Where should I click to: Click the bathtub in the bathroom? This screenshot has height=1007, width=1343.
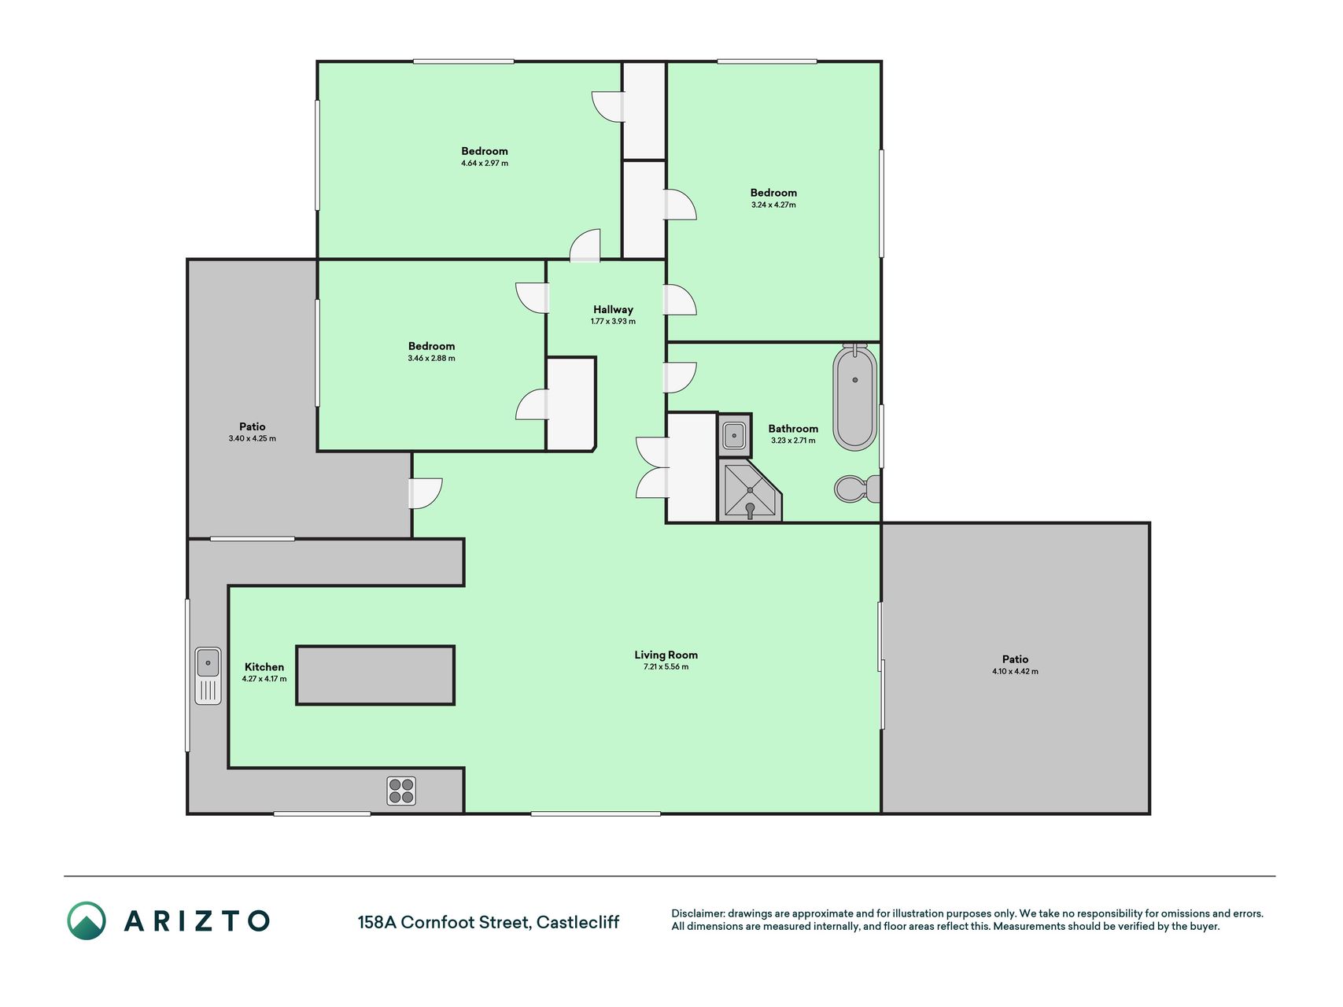855,397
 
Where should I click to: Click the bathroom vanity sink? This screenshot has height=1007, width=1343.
734,435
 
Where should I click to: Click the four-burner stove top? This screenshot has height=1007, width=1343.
401,791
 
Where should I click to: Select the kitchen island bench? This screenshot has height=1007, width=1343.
375,675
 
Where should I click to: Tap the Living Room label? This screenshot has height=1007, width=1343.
666,655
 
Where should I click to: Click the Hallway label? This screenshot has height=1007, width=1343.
613,309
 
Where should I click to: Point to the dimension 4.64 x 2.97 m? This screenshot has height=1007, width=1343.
485,164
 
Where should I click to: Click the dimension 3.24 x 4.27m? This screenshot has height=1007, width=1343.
773,205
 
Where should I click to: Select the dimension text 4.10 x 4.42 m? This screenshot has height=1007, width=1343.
1015,672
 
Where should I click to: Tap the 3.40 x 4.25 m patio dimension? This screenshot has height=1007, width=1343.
253,439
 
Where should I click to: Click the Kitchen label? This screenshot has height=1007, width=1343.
264,667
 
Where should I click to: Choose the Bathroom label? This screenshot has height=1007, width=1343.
793,429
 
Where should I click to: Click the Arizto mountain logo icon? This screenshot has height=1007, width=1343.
87,920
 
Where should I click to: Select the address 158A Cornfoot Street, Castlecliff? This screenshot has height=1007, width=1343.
489,922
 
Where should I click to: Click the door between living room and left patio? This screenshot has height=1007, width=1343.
425,493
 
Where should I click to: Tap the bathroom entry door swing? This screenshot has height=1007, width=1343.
681,378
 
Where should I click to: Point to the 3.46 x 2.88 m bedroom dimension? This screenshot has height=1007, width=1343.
431,359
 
